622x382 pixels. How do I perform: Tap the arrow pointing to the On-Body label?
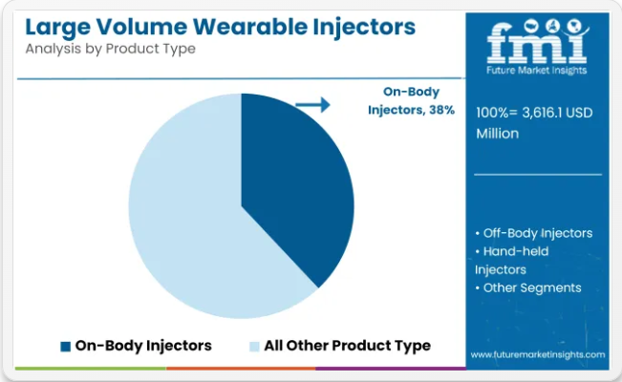tap(313, 105)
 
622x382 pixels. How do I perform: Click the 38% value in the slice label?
tap(442, 110)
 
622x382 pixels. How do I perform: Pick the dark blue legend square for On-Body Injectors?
tap(66, 347)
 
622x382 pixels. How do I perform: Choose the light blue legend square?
tap(254, 347)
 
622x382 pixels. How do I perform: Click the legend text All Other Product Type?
tap(348, 346)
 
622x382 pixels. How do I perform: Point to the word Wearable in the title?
tap(250, 27)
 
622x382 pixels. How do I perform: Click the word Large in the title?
tap(58, 28)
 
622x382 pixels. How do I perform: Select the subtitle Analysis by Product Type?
tap(111, 49)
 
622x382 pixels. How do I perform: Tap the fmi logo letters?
tap(537, 42)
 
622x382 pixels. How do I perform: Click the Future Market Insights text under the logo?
tap(537, 71)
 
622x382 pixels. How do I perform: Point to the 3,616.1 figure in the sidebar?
tap(543, 113)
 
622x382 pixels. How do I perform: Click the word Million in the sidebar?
tap(498, 134)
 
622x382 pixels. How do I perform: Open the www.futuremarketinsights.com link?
tap(538, 354)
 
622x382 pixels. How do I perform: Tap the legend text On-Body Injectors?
tap(143, 346)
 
